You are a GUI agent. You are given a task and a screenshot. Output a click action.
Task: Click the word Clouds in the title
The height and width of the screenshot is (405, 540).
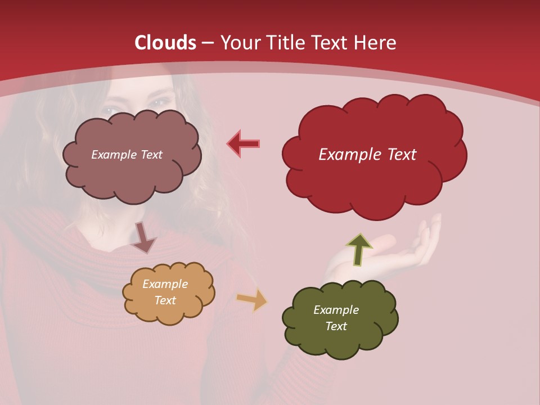pos(165,43)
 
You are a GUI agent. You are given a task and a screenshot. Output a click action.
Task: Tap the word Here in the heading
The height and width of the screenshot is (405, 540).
pos(375,43)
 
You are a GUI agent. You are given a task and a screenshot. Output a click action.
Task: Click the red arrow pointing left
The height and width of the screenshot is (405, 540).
pos(243,143)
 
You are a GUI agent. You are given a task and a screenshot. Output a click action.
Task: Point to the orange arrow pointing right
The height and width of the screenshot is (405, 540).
pos(252,299)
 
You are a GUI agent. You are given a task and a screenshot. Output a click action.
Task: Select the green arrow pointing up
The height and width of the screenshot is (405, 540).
pos(359,249)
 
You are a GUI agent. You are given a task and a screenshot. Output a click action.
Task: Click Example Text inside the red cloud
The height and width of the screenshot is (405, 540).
pos(367,155)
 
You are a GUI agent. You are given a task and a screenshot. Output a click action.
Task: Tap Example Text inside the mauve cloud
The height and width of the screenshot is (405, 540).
pos(127,155)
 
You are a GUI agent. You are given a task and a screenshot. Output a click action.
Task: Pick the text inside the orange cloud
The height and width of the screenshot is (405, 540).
pos(165,292)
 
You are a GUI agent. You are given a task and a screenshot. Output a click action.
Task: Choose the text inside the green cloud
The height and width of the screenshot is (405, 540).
pos(336,318)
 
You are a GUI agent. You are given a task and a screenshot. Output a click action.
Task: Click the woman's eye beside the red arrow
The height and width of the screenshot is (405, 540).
pos(159,103)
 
